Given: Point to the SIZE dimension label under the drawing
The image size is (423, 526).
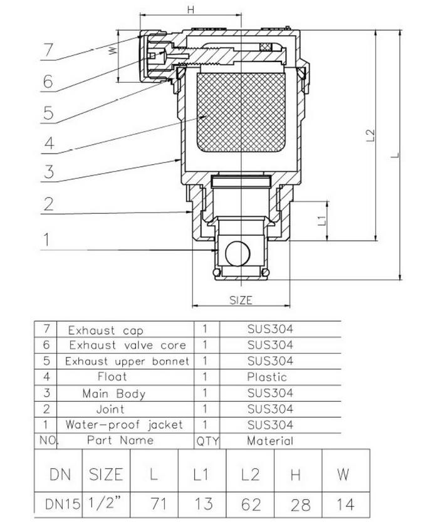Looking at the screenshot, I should point(241,300).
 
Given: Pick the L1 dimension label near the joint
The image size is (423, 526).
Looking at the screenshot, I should point(321,220).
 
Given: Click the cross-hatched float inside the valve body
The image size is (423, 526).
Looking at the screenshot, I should point(241,114).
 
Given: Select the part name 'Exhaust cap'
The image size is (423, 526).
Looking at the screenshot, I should point(105,329).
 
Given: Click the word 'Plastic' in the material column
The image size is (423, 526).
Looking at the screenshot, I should point(266,377).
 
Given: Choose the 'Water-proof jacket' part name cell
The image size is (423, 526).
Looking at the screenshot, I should point(124,424).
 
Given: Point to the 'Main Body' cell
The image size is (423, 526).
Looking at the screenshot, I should point(113,393).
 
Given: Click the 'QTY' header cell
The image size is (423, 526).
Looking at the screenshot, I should point(207,441).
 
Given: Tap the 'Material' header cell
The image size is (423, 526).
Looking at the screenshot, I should point(269,441).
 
